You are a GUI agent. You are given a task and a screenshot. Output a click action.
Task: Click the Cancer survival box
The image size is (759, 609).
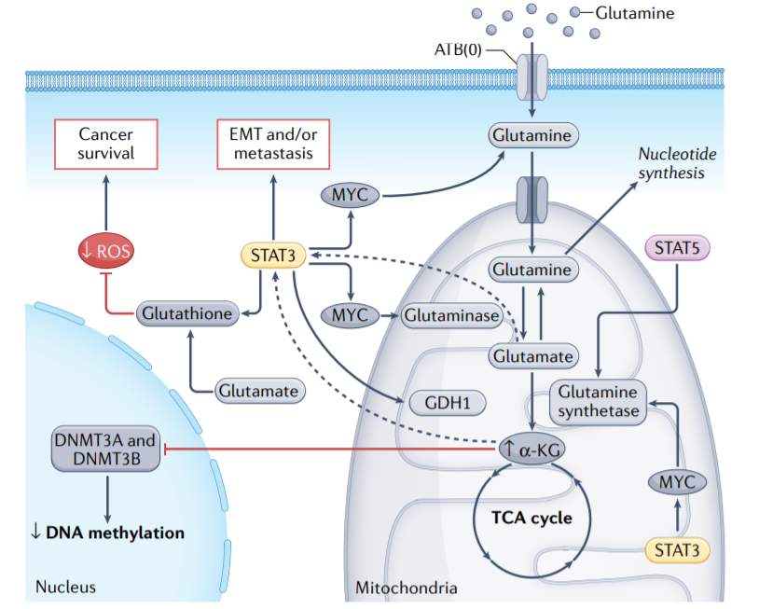106,145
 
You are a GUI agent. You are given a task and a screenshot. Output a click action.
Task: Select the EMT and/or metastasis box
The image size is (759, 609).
272,145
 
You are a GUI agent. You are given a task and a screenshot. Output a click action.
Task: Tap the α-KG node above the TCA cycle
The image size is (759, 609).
532,450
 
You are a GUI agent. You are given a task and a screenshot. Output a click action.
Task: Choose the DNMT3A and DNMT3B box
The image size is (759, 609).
106,450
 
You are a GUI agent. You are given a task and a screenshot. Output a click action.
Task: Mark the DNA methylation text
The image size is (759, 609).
106,533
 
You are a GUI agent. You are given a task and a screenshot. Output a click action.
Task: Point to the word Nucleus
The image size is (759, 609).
65,588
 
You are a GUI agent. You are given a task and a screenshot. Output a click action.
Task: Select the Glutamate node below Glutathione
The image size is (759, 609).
258,390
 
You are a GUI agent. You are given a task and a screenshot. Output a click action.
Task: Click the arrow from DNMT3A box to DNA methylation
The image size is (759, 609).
106,496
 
